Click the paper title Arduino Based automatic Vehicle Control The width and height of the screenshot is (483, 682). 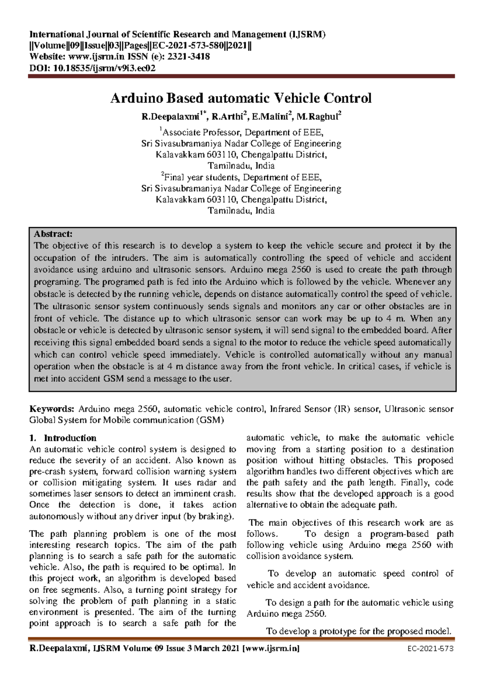[x=241, y=98]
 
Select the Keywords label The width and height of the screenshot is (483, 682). [x=52, y=409]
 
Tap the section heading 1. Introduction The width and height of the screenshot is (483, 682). [x=63, y=438]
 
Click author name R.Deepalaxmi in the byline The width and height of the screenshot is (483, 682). [x=170, y=117]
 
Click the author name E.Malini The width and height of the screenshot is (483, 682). [x=270, y=117]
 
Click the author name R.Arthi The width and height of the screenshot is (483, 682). [x=227, y=117]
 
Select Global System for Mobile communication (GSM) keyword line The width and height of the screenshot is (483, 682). [x=126, y=420]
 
